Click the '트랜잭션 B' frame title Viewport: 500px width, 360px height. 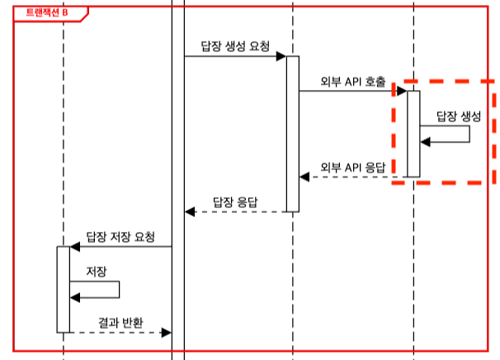(46, 12)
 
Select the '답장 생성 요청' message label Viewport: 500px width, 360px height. (235, 44)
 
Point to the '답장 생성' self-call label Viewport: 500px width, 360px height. (457, 116)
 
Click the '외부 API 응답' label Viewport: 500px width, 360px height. (352, 166)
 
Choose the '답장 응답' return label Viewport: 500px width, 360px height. (236, 201)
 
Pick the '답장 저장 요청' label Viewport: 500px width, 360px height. (120, 235)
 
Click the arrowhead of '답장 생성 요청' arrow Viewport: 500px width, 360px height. (281, 56)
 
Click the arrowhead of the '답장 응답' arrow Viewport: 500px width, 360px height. (190, 212)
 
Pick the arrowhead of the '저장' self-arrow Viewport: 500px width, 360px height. (75, 297)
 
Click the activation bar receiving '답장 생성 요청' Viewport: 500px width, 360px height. (292, 132)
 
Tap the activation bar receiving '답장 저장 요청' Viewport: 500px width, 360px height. (63, 289)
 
